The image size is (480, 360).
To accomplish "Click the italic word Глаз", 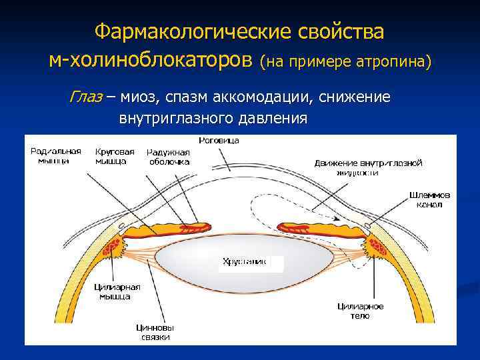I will [85, 97].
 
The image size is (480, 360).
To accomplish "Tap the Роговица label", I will [219, 141].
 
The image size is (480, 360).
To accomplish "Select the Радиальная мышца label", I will [56, 155].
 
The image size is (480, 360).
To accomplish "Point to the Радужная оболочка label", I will [169, 157].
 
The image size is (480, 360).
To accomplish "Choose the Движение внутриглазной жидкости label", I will [368, 167].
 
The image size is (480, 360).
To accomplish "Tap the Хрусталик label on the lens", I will [244, 262].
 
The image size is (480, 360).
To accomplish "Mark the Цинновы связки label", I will [155, 332].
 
